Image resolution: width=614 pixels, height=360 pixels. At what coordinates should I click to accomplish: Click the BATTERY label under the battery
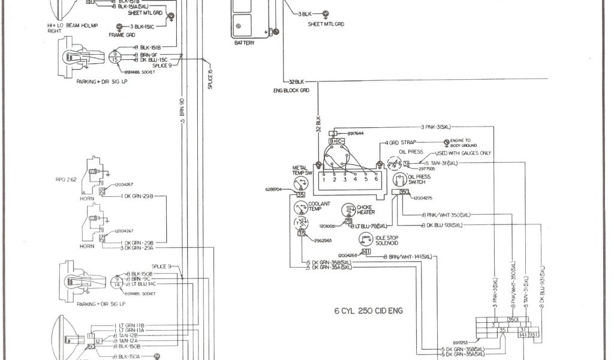click(x=245, y=43)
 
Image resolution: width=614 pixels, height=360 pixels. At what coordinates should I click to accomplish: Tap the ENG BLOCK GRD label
click(x=291, y=90)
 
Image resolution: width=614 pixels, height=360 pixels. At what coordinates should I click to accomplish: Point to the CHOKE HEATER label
click(x=365, y=209)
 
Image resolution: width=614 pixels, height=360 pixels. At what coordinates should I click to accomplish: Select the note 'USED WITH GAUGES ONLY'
click(x=464, y=154)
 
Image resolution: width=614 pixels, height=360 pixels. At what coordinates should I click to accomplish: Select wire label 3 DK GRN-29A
click(x=143, y=247)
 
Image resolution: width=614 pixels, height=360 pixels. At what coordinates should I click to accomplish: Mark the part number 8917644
click(x=356, y=133)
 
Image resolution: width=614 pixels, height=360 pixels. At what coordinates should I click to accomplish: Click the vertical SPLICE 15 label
click(x=210, y=79)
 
